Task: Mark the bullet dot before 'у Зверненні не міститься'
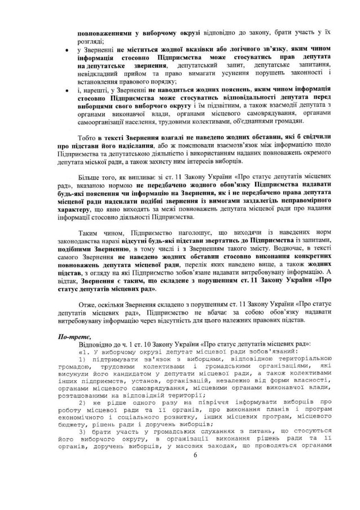pos(68,50)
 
